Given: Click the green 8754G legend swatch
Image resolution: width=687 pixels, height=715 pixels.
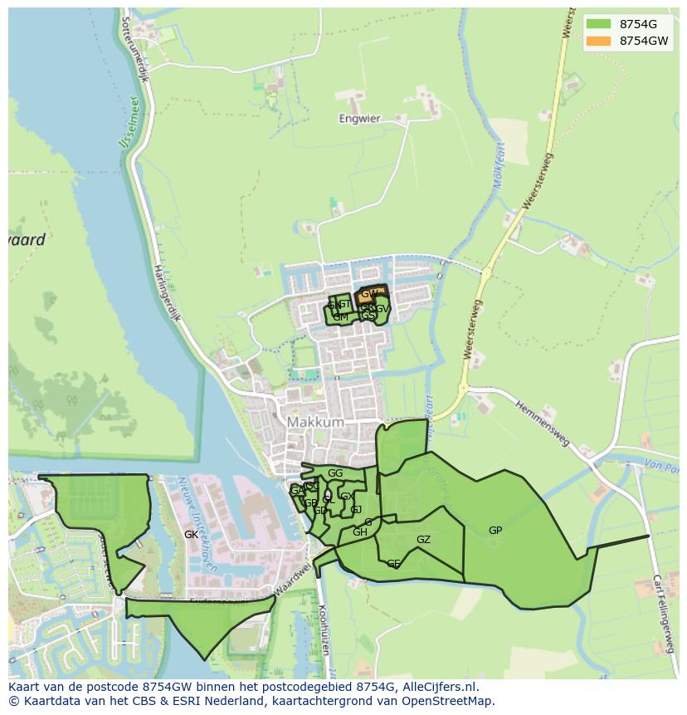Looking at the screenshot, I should pyautogui.click(x=597, y=23).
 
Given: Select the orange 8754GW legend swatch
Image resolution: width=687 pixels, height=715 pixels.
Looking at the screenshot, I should pyautogui.click(x=597, y=41).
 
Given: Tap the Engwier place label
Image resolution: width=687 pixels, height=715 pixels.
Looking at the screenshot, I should pyautogui.click(x=359, y=119).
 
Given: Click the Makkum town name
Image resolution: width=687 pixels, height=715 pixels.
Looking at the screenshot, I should pyautogui.click(x=314, y=423).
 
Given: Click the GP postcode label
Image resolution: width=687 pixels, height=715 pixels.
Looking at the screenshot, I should pyautogui.click(x=495, y=531).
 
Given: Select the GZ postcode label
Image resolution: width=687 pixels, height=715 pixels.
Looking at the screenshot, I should pyautogui.click(x=423, y=540).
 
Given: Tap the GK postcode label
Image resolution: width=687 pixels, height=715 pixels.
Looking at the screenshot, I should pyautogui.click(x=191, y=535).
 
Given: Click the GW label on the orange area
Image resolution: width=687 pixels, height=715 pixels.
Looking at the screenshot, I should pyautogui.click(x=369, y=293).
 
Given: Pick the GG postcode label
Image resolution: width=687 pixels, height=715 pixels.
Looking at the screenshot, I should pyautogui.click(x=335, y=473).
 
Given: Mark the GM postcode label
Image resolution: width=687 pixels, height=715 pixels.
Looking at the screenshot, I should pyautogui.click(x=340, y=316).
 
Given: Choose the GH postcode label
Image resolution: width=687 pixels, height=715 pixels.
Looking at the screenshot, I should pyautogui.click(x=360, y=532).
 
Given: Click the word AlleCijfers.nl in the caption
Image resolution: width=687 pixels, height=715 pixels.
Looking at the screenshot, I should pyautogui.click(x=436, y=688).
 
